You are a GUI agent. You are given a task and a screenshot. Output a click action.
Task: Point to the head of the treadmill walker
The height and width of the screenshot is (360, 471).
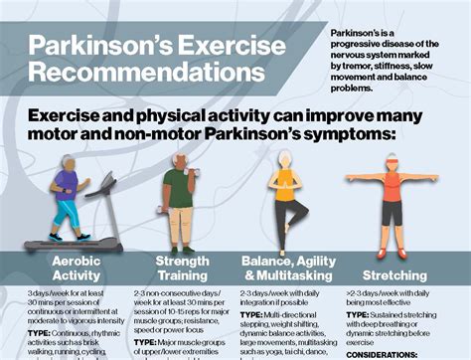pos(66,162)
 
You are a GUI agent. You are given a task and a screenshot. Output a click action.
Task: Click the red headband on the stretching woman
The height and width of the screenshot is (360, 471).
pos(392,158)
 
